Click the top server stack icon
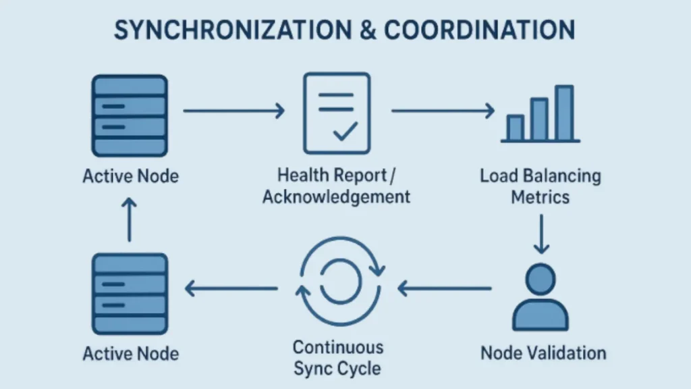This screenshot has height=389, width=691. coord(129,116)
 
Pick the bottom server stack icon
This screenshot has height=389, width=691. coord(129,292)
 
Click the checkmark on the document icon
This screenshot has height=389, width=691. coord(345,131)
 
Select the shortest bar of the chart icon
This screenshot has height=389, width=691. coord(515,128)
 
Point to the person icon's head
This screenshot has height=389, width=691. coord(541,278)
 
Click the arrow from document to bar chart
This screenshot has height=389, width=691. coord(443,111)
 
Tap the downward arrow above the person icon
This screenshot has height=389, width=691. coord(541,234)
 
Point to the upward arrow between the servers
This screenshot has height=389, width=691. coord(129,219)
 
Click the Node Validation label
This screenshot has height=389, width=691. coord(543,353)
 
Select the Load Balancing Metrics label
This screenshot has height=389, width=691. coord(541,187)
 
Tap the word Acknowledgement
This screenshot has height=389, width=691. coord(336,197)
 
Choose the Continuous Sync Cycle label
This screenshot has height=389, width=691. coord(337,358)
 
